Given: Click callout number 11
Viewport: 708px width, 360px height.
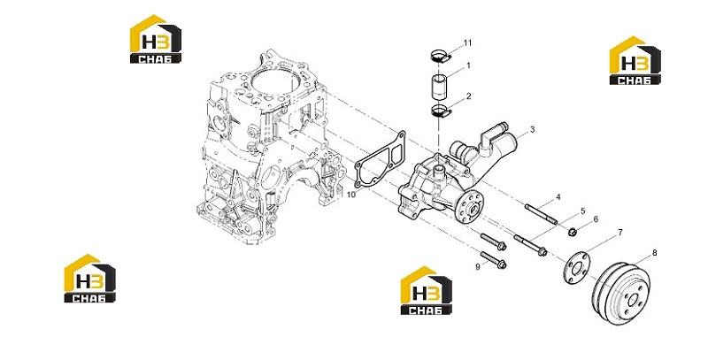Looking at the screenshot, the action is (467, 42).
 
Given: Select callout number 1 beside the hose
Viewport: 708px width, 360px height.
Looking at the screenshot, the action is (468, 65).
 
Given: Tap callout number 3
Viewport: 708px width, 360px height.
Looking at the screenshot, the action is (533, 130).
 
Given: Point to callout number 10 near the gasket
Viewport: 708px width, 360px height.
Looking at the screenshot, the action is (351, 195).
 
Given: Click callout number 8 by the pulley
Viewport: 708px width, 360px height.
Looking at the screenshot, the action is (655, 253).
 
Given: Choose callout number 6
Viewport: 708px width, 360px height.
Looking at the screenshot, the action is (596, 219).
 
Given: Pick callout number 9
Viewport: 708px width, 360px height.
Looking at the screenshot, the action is (478, 267).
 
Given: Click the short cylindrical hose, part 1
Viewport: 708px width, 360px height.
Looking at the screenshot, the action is (438, 87).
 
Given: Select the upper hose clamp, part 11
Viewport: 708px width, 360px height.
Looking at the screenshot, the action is (439, 56).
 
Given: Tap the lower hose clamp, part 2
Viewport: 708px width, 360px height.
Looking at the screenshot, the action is (440, 111).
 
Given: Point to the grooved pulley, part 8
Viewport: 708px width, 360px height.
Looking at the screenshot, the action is (622, 291).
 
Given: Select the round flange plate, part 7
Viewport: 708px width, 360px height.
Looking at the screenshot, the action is (573, 268).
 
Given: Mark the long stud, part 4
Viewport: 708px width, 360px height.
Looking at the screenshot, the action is (541, 214).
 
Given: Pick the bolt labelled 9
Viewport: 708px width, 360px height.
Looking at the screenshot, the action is (493, 259).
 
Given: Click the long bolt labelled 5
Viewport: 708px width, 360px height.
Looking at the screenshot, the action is (530, 245).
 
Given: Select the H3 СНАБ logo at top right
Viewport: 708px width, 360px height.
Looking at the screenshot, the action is (635, 60).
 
